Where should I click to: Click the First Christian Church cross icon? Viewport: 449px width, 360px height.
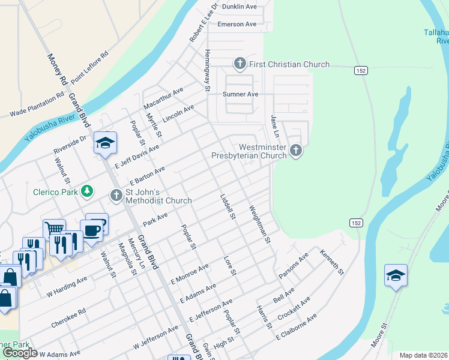coord(239,64)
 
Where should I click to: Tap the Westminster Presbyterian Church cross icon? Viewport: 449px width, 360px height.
coord(295,151)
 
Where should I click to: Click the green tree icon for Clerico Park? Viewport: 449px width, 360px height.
coord(88,191)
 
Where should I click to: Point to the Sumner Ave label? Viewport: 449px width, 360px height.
coord(240,94)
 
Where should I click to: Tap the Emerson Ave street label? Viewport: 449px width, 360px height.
coord(237,24)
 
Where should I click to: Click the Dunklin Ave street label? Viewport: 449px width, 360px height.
coord(239,7)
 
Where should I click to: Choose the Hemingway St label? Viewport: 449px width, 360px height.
coord(207,70)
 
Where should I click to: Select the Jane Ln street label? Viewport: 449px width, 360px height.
coord(274,126)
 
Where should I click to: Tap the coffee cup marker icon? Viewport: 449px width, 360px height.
coord(92,230)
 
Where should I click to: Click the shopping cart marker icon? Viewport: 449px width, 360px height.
coord(54,229)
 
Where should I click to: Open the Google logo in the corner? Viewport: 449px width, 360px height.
coord(20,353)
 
